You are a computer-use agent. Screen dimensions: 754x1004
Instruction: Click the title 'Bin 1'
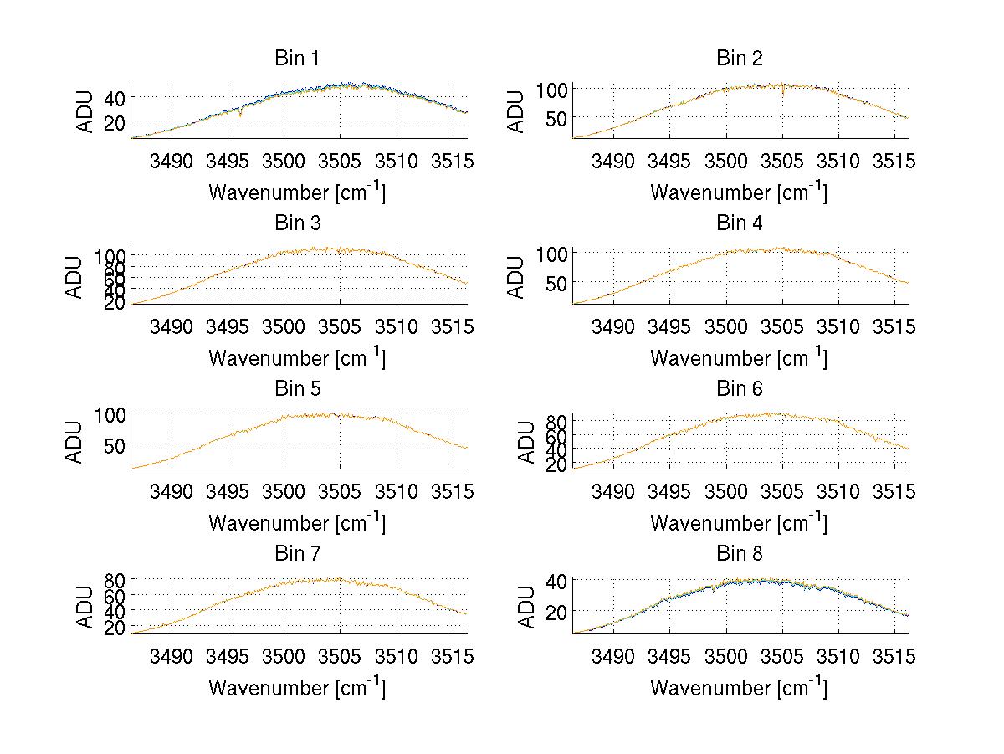[x=297, y=59]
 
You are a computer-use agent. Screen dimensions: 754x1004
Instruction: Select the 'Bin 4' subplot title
[x=740, y=223]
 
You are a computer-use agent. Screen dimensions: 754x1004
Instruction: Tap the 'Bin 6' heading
[x=740, y=388]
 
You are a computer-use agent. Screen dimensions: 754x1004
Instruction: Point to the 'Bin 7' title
[x=297, y=554]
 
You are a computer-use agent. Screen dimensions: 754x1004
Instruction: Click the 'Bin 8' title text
[x=740, y=554]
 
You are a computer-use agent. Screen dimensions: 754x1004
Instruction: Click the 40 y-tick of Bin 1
[x=115, y=97]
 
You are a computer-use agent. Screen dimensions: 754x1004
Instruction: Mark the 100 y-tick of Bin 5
[x=111, y=414]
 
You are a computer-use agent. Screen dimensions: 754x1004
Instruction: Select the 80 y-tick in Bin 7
[x=115, y=579]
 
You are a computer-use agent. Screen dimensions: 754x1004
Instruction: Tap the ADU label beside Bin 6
[x=527, y=441]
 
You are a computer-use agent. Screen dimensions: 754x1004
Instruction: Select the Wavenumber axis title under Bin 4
[x=740, y=357]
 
